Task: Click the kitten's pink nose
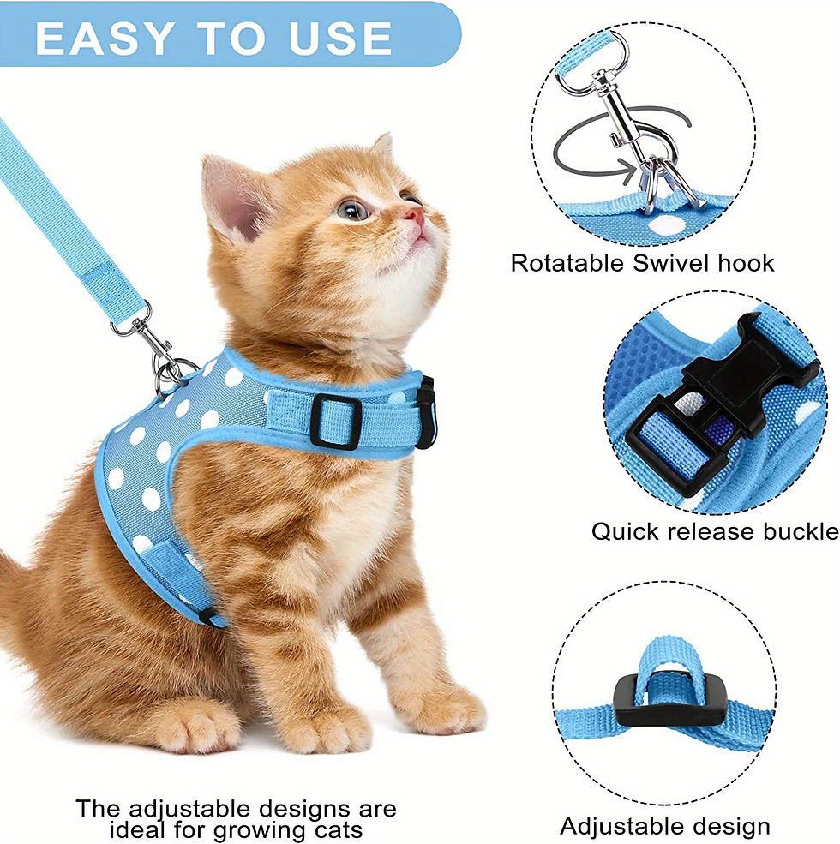(x=416, y=215)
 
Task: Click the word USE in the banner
(x=344, y=39)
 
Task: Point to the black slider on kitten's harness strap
(x=335, y=421)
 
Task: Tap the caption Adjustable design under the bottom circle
(x=664, y=826)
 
